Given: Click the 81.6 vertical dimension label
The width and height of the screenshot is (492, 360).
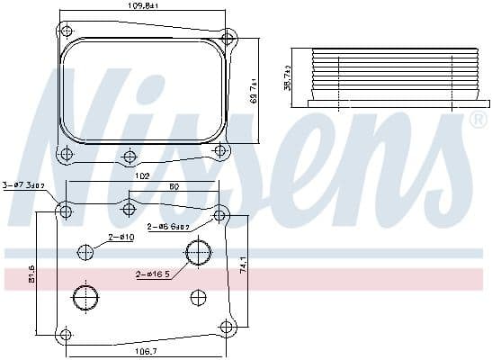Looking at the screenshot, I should [33, 273].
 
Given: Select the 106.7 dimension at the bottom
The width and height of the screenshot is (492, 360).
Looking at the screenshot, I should [143, 351].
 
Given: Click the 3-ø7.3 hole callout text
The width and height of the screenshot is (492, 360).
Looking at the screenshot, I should [22, 184].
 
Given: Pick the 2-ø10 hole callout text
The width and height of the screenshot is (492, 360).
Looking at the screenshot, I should [121, 238].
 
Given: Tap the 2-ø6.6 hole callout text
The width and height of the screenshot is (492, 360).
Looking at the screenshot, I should [168, 228].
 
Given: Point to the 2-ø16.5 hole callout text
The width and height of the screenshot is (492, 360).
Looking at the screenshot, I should [155, 274].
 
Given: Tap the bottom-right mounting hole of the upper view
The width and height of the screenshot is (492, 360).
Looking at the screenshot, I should [221, 150].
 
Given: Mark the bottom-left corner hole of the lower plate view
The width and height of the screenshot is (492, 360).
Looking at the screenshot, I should [65, 336].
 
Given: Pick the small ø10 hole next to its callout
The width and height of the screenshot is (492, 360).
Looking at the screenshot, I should [85, 253].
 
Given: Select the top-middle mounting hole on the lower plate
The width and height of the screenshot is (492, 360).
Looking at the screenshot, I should [129, 210].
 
